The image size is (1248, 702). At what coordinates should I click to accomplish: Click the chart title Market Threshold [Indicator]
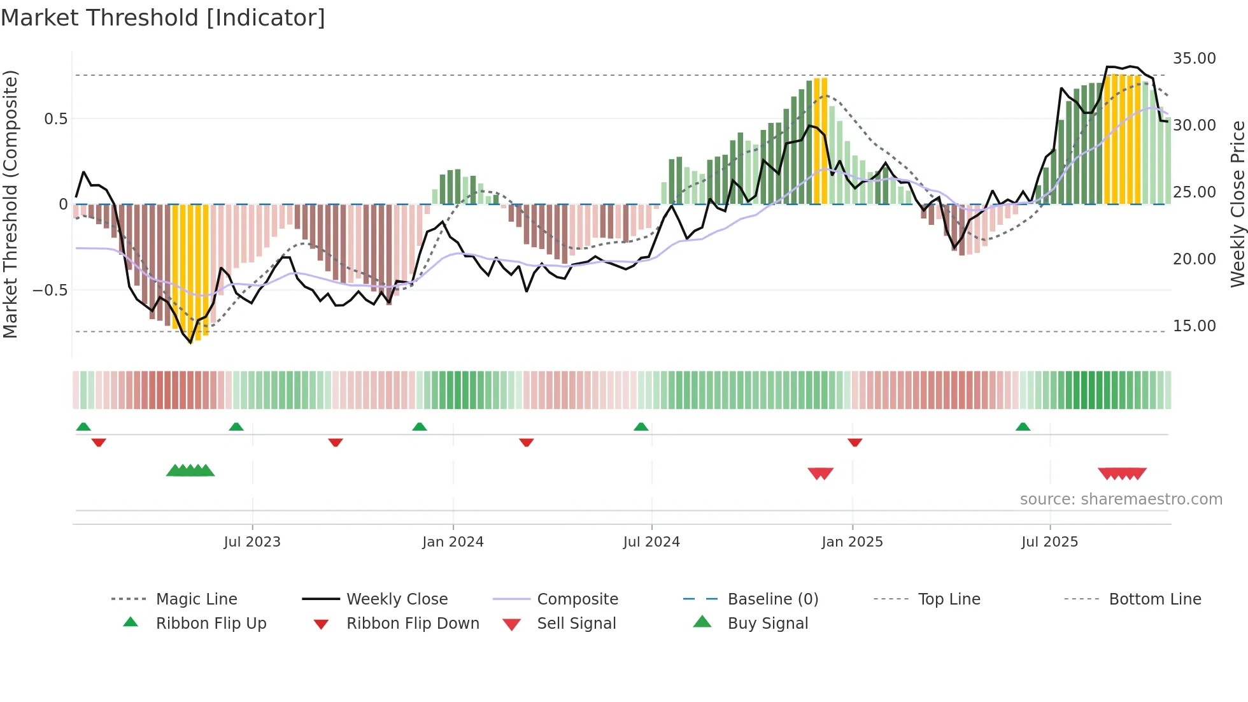[163, 18]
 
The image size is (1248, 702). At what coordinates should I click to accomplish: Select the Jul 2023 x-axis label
[252, 542]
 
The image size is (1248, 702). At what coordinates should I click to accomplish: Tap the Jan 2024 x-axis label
[453, 542]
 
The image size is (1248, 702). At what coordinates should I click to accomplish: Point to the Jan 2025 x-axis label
[852, 542]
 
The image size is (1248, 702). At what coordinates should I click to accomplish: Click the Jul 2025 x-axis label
[1049, 542]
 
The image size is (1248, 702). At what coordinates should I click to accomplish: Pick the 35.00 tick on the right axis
[1194, 59]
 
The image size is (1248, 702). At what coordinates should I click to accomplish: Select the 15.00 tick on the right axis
[1194, 326]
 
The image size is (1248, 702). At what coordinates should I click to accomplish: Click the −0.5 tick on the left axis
[50, 290]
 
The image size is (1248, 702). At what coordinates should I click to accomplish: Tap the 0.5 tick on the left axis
[55, 119]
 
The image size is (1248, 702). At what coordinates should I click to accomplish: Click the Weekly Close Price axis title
[1237, 204]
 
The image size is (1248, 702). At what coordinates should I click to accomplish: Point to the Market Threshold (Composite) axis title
[10, 204]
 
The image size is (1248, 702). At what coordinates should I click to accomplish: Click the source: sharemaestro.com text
[1121, 499]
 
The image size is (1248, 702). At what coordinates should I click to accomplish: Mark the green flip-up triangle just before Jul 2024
[641, 427]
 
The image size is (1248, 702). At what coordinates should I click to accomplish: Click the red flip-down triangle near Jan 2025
[854, 442]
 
